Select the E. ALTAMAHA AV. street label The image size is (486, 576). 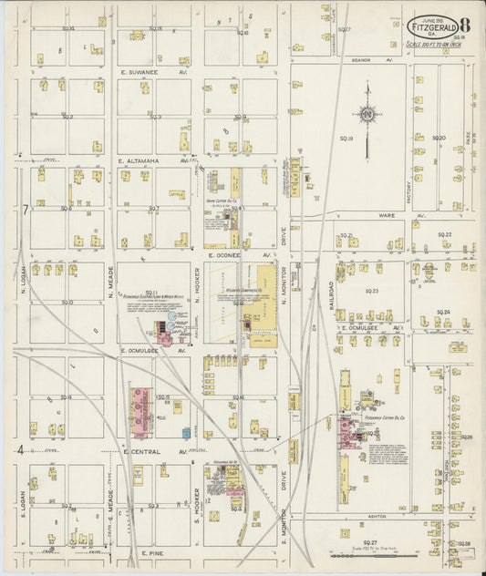pos(153,160)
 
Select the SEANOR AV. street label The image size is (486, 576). pos(371,60)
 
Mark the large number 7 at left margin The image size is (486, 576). pos(26,211)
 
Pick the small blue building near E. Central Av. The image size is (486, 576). pos(186,433)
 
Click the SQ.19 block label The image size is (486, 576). pos(346,139)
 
